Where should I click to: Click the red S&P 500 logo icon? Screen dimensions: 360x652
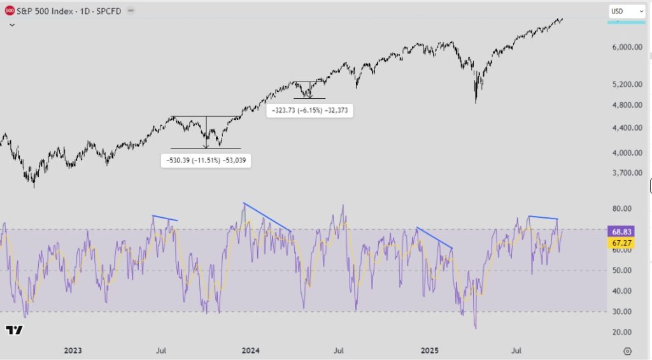tap(10, 11)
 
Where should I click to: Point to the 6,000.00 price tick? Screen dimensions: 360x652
tap(627, 47)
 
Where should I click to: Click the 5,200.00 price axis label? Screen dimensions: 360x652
tap(627, 84)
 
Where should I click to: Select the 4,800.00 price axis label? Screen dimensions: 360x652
tap(627, 104)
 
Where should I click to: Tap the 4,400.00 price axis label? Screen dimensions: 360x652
tap(627, 128)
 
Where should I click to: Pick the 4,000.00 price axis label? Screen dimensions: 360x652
tap(627, 153)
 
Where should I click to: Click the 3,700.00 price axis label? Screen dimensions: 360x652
tap(627, 173)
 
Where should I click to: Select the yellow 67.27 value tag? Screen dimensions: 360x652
tap(620, 243)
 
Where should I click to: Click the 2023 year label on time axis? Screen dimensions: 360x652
tap(73, 350)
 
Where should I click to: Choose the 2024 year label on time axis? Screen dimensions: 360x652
tap(251, 350)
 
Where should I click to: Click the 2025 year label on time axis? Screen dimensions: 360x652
tap(430, 350)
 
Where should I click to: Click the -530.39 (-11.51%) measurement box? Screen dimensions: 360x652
tap(206, 161)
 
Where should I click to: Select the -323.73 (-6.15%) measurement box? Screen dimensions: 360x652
tap(309, 110)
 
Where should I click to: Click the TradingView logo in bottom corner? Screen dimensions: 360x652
tap(14, 330)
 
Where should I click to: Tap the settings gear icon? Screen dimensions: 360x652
tap(627, 350)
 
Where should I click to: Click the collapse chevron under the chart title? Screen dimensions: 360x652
tap(11, 25)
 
